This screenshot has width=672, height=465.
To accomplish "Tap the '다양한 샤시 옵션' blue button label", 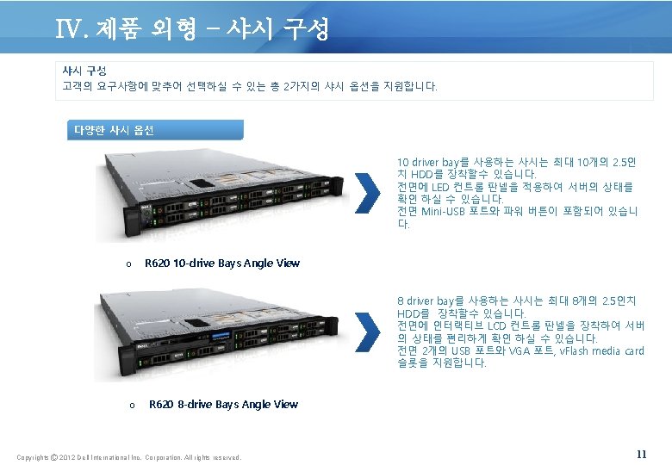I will click(111, 130).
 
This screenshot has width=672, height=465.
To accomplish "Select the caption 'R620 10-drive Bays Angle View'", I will click(222, 263).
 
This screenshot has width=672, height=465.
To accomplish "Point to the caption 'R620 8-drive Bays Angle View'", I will click(224, 405).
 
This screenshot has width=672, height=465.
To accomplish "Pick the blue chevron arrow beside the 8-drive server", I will click(368, 331).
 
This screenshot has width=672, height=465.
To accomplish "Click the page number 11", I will click(641, 454).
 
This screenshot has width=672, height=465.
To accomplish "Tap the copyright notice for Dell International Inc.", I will click(129, 456).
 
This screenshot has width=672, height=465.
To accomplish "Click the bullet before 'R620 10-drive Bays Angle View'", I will click(129, 264).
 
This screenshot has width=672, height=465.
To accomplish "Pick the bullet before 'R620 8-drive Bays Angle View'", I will click(131, 406).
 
